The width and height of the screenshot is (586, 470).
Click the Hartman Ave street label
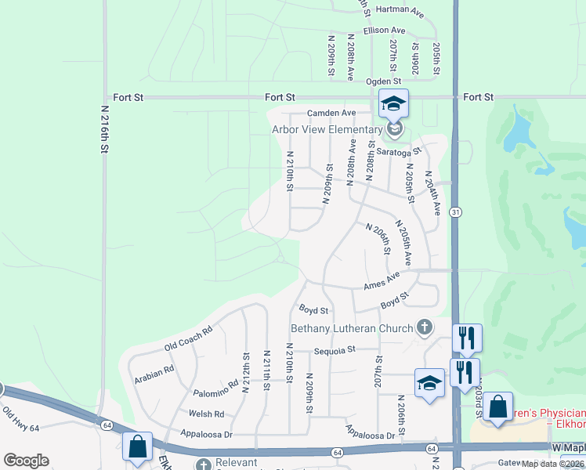coord(400,13)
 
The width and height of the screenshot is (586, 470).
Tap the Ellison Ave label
coord(384,31)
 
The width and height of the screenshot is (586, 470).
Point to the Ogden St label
coord(384,81)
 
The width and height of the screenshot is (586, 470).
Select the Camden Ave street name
coord(331,113)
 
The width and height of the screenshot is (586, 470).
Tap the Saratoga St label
coord(399,151)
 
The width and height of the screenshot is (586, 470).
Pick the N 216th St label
coord(105,130)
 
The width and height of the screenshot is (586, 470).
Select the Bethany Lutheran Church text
coord(352,328)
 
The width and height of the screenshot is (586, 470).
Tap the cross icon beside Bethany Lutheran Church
coord(424,326)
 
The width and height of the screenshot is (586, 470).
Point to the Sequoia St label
coord(335,350)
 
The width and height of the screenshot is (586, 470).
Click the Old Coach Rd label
coord(188,339)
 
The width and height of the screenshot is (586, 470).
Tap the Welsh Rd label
coord(206,414)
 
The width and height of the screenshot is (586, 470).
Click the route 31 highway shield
coord(456,212)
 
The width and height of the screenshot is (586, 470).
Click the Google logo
coord(26,460)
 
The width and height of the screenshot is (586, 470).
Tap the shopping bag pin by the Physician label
coord(497,408)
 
